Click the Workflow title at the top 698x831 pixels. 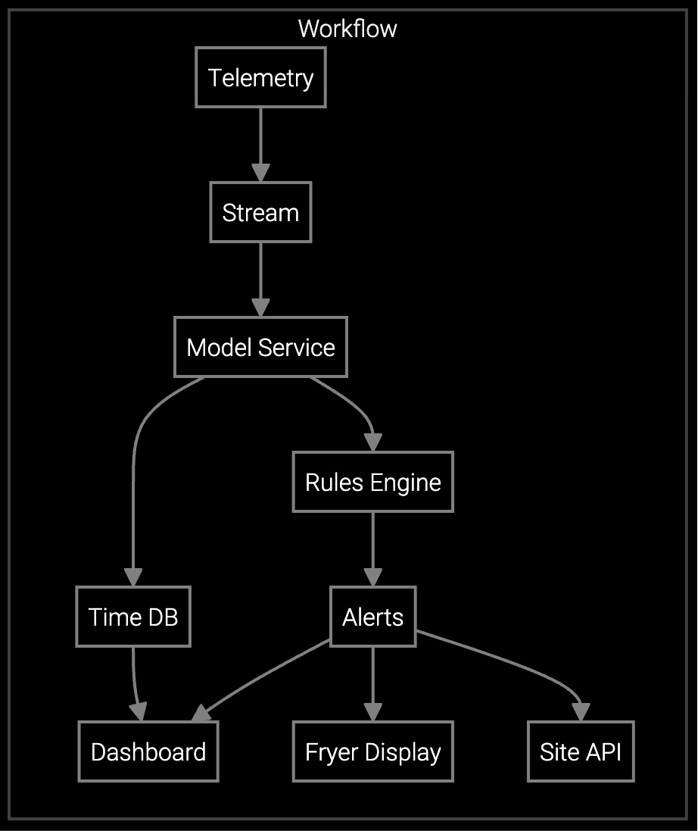click(x=347, y=29)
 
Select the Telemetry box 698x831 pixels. click(x=260, y=77)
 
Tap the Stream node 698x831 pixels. click(x=260, y=212)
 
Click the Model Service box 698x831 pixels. click(x=260, y=347)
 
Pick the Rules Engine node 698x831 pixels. click(x=372, y=482)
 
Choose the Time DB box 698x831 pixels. click(x=133, y=617)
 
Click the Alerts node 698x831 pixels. click(x=372, y=617)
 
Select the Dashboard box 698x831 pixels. click(x=148, y=751)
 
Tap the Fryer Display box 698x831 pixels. click(x=372, y=751)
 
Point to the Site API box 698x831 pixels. click(x=581, y=751)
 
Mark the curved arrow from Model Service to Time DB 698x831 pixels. click(x=134, y=485)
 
